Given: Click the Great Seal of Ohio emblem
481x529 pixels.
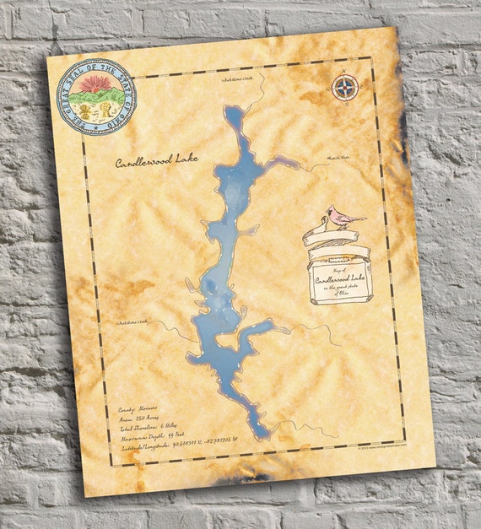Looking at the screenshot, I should point(95,97).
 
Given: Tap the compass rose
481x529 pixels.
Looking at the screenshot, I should point(343,88).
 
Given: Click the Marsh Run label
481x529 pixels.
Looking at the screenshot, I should point(338,155).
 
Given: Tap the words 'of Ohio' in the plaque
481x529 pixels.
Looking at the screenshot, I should point(342,295).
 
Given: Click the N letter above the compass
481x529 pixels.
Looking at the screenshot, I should point(344,73).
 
